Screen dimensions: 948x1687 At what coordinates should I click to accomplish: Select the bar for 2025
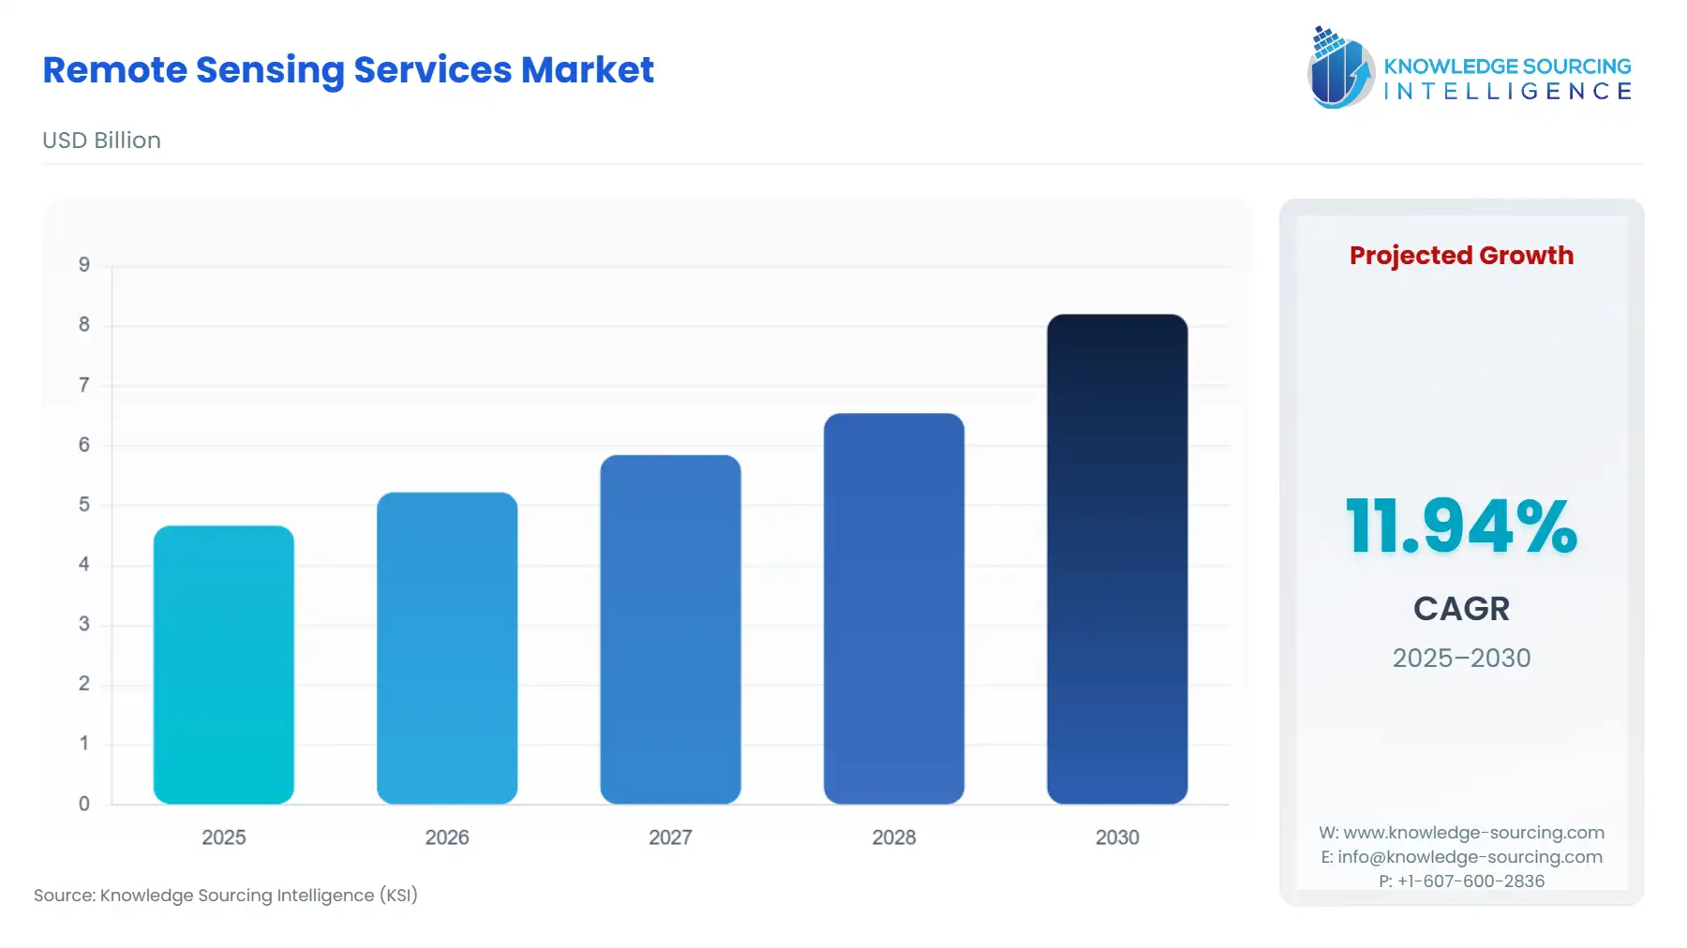point(223,665)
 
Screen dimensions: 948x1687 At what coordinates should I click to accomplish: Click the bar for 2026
point(447,648)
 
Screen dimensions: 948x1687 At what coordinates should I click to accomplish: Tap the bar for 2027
point(670,630)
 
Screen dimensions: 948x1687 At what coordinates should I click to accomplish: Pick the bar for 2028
point(893,609)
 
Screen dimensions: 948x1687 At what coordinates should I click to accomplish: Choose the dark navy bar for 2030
point(1117,559)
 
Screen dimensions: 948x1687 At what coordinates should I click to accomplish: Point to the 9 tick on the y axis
point(84,265)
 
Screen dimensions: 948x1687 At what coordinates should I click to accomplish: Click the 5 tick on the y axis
point(84,505)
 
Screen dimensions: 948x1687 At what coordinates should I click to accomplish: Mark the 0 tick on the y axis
point(84,804)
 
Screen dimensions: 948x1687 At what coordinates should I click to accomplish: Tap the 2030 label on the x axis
point(1117,837)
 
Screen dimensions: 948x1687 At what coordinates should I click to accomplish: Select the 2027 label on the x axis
point(670,837)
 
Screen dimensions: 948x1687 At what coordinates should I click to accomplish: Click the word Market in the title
point(587,70)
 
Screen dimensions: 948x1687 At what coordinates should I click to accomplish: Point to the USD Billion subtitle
point(101,141)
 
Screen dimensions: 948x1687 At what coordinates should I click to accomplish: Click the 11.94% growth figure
point(1461,526)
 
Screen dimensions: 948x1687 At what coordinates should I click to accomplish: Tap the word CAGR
point(1461,609)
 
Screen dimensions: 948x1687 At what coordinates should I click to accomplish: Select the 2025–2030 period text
point(1461,659)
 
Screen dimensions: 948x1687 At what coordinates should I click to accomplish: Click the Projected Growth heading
point(1461,256)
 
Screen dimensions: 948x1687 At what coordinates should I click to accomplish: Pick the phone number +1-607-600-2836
point(1471,881)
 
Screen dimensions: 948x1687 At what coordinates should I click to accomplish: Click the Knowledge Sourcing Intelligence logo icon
point(1340,67)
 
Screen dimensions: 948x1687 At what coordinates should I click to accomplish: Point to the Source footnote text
point(226,896)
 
